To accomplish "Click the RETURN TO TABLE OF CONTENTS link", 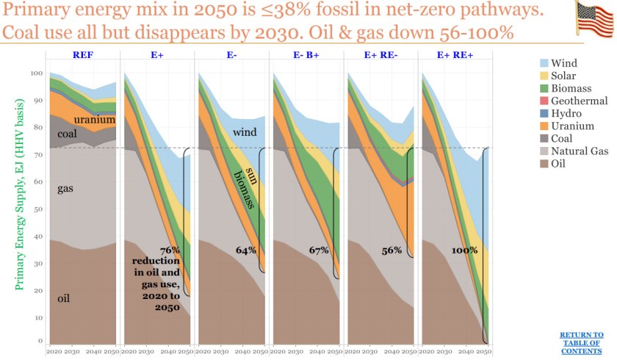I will [581, 342].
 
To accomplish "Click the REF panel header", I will [82, 56].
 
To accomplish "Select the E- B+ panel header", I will [306, 56].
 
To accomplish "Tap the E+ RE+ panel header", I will [454, 56].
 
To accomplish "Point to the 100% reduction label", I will [463, 251].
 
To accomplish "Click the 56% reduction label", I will [392, 251].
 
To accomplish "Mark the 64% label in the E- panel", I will [246, 251].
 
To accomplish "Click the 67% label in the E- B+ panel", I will [318, 251].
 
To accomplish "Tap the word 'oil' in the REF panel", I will [64, 299].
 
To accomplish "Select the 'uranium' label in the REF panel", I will [94, 119].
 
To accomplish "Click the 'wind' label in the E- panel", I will [244, 132].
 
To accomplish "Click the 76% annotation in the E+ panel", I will [170, 251].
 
